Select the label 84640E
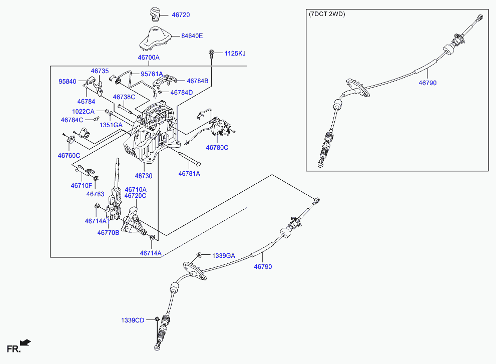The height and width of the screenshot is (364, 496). (192, 36)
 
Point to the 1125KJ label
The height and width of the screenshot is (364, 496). (235, 53)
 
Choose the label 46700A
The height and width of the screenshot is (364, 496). (148, 58)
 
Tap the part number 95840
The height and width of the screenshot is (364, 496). (68, 81)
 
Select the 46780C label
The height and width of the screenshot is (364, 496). (217, 148)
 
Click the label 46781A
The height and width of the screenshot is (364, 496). (189, 174)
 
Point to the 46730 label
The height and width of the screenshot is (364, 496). (143, 176)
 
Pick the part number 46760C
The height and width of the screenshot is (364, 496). (69, 156)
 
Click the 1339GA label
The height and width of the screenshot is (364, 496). (223, 256)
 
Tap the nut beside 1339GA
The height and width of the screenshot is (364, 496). (199, 255)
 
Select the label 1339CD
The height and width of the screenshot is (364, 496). (132, 320)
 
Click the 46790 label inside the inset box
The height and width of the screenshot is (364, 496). (427, 83)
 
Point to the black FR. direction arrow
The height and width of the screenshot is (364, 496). (26, 343)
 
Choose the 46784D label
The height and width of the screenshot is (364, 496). (181, 93)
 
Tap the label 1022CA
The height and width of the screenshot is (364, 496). (83, 111)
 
